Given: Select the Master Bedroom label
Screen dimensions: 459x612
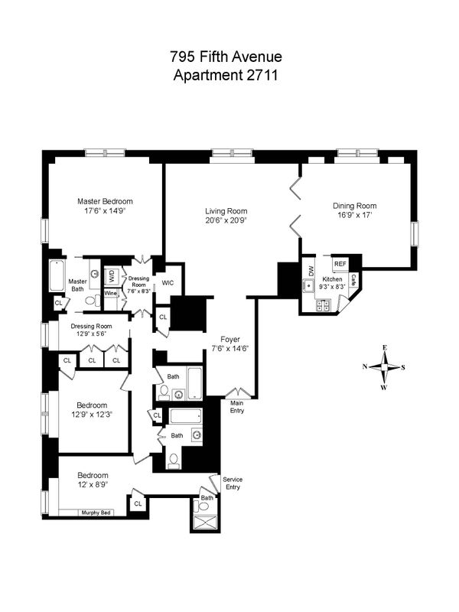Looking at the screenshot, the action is [105, 202].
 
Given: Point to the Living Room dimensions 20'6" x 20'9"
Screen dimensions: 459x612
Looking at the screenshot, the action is [226, 220].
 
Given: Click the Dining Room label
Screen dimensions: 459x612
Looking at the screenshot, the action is [354, 205].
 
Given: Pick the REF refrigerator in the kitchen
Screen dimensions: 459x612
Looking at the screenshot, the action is [340, 263].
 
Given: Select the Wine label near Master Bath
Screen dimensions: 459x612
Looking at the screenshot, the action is [110, 293].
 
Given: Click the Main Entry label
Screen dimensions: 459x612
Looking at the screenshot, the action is [237, 407].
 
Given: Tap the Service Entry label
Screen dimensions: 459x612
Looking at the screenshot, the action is [233, 483].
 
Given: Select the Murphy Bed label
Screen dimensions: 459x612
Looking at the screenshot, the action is [97, 513].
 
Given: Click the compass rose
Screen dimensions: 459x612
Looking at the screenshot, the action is [384, 366].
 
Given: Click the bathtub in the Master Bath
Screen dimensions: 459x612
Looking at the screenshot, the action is [57, 276].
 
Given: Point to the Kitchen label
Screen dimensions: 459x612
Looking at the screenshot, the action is [331, 280].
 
